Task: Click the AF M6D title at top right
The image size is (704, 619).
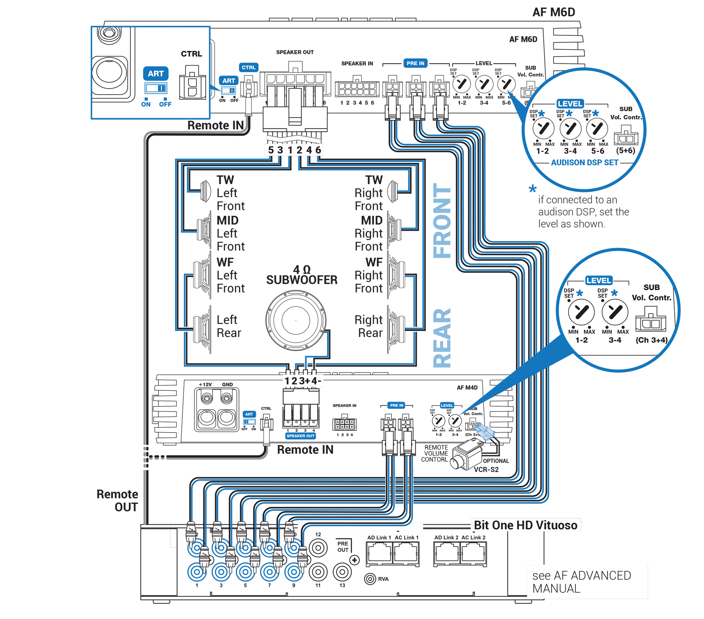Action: [553, 12]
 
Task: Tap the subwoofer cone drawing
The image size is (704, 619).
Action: [296, 320]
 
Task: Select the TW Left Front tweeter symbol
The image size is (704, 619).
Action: [206, 191]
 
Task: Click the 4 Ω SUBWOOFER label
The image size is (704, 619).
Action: [302, 275]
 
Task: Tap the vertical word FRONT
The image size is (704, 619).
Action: [442, 221]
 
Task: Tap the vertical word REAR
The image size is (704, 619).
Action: [442, 338]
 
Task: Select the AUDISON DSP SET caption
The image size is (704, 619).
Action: [584, 162]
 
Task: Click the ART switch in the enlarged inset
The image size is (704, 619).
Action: [156, 88]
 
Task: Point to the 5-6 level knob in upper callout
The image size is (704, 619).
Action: [597, 129]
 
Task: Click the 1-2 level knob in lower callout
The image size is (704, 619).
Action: [581, 312]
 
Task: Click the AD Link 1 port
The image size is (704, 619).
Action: [379, 553]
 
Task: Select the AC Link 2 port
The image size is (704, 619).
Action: [473, 553]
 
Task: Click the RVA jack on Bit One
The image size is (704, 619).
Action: [370, 579]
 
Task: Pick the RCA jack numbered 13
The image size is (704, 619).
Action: [342, 572]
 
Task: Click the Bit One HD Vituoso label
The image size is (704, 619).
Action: [525, 525]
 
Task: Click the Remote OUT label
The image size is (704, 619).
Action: [118, 500]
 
